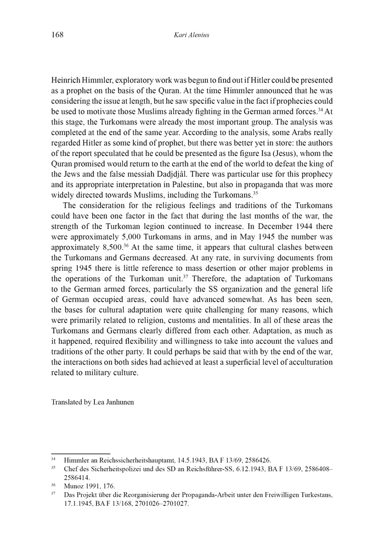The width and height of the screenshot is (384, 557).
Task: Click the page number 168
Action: tap(57, 35)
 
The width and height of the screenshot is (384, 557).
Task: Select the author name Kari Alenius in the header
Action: tap(191, 35)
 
